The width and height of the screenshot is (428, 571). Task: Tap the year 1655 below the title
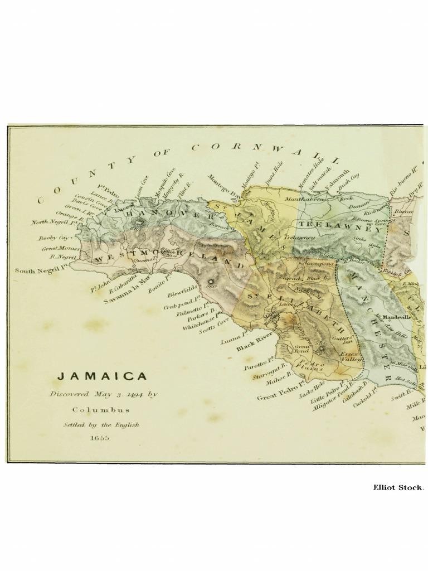click(101, 438)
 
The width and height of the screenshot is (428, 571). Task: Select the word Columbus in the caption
click(103, 409)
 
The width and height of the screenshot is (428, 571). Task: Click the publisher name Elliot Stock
click(398, 487)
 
